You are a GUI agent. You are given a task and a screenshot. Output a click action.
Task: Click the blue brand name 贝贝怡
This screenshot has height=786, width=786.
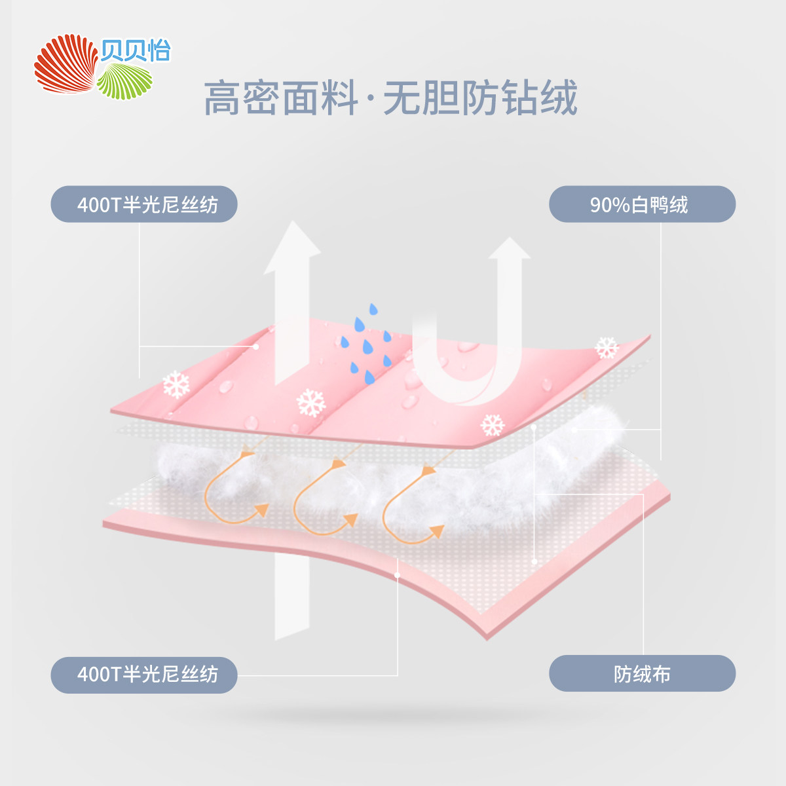pos(136,51)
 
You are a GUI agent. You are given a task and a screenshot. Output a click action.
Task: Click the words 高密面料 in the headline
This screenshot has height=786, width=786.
pos(281,98)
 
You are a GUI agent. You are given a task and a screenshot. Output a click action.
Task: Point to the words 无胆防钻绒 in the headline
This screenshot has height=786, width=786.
pos(480,98)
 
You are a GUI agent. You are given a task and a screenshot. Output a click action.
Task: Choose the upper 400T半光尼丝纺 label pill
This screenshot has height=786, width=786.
pos(144,204)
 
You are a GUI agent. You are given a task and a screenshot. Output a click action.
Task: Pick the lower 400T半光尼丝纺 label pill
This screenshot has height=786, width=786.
pos(144,674)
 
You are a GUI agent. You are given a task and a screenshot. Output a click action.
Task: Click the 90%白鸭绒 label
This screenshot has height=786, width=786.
pos(642,204)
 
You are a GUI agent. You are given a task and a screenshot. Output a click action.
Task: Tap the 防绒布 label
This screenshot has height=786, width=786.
pos(642,673)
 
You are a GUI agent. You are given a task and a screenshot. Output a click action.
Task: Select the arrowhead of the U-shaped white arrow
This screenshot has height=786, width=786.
pos(509,249)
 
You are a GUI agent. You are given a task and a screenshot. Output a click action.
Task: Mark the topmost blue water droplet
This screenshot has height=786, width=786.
pos(373,309)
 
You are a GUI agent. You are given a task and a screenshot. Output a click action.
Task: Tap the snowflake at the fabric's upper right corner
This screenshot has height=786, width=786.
pos(607,348)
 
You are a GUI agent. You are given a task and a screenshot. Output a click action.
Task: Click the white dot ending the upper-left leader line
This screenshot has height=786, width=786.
pos(256,346)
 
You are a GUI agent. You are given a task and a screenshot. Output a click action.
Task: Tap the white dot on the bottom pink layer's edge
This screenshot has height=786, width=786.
pos(398,574)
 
